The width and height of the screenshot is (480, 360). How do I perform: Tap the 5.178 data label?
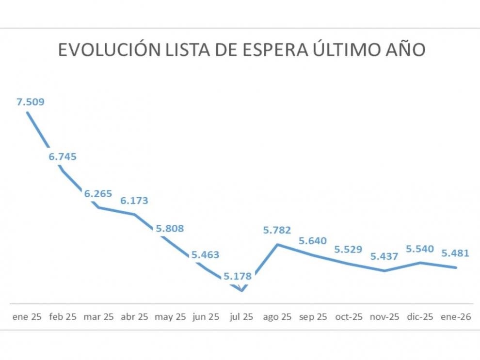[238, 277]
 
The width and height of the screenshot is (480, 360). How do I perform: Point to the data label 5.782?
[277, 231]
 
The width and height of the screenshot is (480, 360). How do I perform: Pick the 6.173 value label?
[134, 201]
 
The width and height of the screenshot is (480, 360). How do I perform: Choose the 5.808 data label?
[170, 228]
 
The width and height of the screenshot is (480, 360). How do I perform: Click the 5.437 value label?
[384, 257]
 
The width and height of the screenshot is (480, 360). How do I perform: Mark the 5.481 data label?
[455, 253]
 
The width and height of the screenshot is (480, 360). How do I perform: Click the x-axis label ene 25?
[27, 317]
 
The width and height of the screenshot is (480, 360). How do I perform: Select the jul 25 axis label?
[241, 317]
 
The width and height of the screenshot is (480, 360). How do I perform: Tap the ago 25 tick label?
[277, 317]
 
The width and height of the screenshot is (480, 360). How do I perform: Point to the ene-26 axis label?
[455, 317]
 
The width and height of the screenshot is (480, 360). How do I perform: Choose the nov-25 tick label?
[384, 317]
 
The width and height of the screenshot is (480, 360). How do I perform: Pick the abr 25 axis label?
[134, 317]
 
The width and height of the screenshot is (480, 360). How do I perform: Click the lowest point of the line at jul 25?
[241, 291]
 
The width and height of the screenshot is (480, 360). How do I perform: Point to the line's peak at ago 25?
[277, 244]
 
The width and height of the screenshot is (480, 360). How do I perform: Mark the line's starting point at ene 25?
[27, 112]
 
